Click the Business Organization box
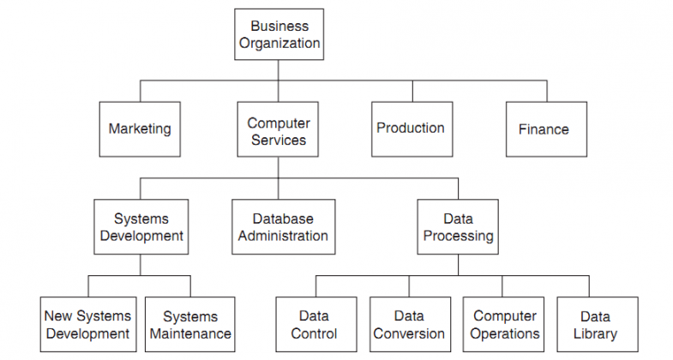pyautogui.click(x=279, y=34)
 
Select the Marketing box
pyautogui.click(x=140, y=129)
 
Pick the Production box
pyautogui.click(x=411, y=129)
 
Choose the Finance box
pyautogui.click(x=543, y=129)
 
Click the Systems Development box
pyautogui.click(x=141, y=227)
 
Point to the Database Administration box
pyautogui.click(x=283, y=227)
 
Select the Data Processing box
pyautogui.click(x=458, y=227)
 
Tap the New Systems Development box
pyautogui.click(x=87, y=325)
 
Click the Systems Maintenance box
pyautogui.click(x=190, y=325)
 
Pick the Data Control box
pyautogui.click(x=314, y=325)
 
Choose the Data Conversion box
pyautogui.click(x=409, y=325)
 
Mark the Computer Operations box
pyautogui.click(x=504, y=325)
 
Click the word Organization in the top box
pyautogui.click(x=279, y=44)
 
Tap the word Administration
pyautogui.click(x=283, y=237)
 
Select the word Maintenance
pyautogui.click(x=190, y=334)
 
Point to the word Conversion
pyautogui.click(x=409, y=334)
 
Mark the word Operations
pyautogui.click(x=505, y=334)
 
